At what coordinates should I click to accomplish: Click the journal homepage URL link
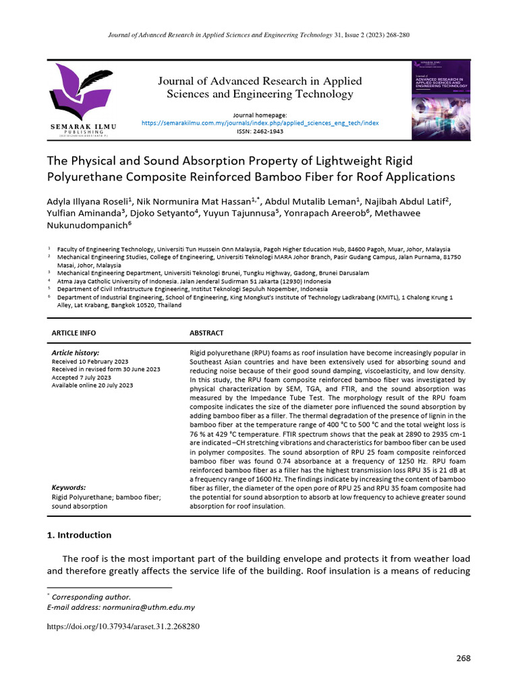point(260,123)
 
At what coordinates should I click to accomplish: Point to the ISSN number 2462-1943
point(260,131)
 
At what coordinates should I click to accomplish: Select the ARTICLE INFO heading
point(74,333)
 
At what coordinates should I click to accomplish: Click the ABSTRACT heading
point(206,333)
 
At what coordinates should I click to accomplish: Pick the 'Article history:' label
point(76,353)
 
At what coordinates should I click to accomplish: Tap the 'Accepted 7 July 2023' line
point(84,377)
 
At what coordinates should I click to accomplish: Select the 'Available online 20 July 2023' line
point(92,385)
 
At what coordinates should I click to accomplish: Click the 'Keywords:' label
point(69,487)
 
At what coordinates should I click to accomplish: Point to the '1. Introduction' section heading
point(79,535)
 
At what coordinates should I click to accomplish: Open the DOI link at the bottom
point(123,627)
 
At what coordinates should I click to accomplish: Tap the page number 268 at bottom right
point(463,658)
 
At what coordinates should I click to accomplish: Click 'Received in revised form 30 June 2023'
point(106,369)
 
